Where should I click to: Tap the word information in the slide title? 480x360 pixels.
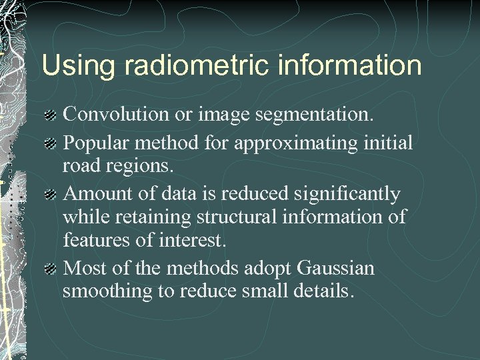346,66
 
